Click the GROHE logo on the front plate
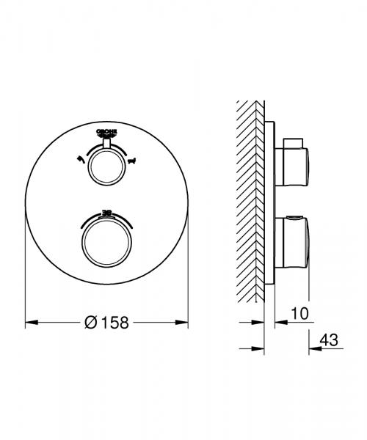107,131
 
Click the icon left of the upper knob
79,158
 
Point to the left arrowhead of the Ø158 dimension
29,322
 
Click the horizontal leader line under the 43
326,349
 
